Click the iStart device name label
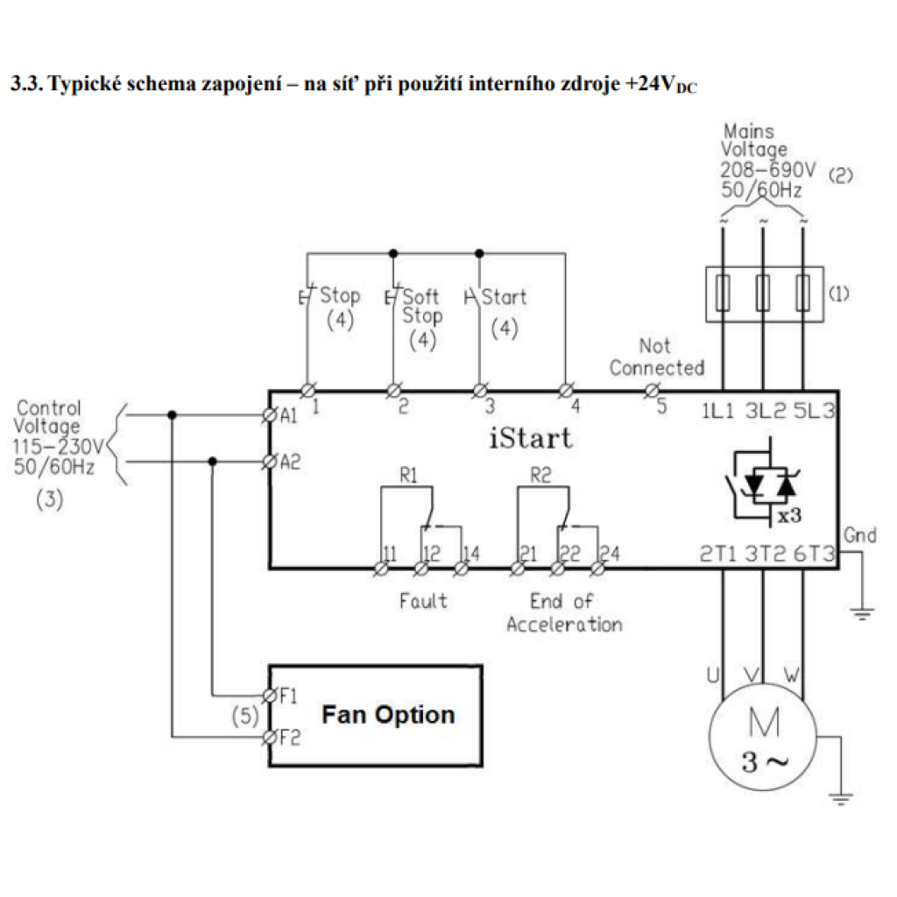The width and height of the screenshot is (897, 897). tap(530, 438)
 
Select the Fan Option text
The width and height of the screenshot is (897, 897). tap(388, 715)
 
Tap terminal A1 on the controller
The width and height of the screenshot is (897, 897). tap(270, 415)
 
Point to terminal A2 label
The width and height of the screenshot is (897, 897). tap(290, 462)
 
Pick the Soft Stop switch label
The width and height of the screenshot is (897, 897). tap(422, 306)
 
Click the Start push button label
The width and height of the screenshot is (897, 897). tap(504, 297)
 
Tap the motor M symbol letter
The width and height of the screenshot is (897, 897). tap(764, 723)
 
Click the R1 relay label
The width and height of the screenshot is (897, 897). tap(408, 475)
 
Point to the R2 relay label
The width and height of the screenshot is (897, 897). tap(540, 475)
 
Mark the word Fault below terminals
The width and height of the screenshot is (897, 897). tap(423, 601)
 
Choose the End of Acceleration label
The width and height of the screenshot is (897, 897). tap(564, 612)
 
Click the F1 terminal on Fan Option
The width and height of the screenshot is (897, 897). tap(270, 696)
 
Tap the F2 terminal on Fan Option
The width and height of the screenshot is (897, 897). tap(270, 737)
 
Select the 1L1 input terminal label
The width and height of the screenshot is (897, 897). tap(717, 411)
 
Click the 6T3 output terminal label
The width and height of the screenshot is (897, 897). tap(814, 554)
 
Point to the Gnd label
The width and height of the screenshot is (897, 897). tap(860, 535)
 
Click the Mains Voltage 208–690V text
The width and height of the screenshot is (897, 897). tap(767, 161)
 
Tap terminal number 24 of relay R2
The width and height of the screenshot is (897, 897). tap(610, 554)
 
